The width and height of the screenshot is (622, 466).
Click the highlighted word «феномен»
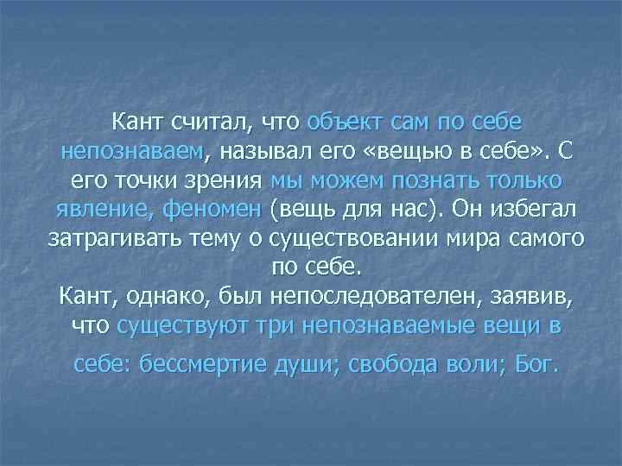[216, 211]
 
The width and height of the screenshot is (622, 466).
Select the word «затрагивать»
[112, 239]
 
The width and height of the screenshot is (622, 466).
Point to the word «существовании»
[364, 239]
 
